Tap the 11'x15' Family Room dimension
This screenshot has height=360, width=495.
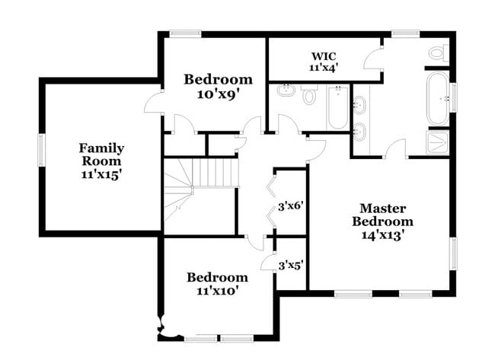click(101, 174)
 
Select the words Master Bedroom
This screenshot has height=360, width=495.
click(382, 215)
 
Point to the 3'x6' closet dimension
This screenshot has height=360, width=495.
click(290, 205)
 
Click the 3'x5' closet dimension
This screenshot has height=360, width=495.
click(290, 266)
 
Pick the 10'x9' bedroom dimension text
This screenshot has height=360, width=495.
click(218, 94)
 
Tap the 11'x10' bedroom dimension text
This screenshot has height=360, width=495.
click(217, 290)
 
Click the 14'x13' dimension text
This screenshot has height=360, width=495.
click(382, 235)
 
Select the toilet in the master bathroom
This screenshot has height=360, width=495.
click(436, 53)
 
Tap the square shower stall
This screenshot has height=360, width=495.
click(437, 142)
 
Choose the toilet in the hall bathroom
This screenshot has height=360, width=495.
click(309, 97)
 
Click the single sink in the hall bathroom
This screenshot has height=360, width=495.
click(287, 92)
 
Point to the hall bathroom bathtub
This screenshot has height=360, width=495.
click(337, 107)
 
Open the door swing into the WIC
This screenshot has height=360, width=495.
click(373, 59)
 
